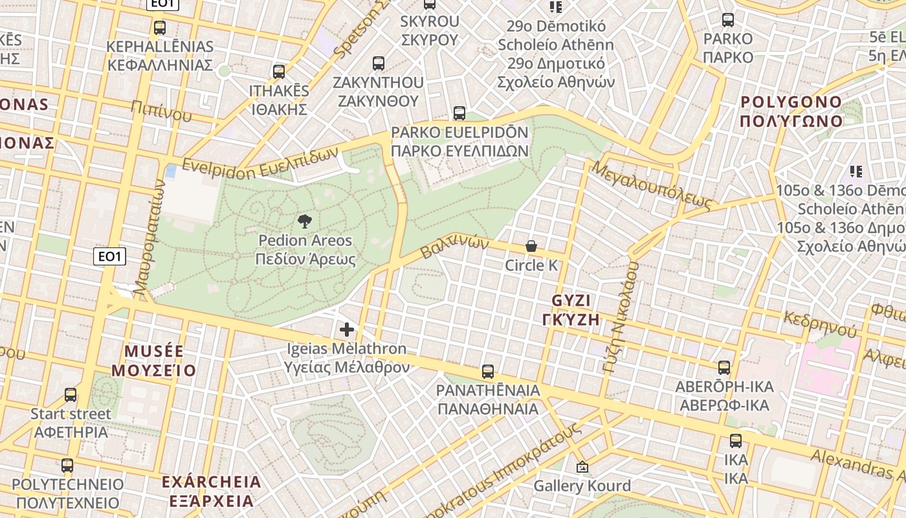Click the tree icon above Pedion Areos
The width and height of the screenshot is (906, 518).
(x=304, y=222)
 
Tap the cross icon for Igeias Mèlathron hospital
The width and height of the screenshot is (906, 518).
(x=347, y=330)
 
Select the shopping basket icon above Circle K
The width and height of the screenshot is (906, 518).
(x=531, y=246)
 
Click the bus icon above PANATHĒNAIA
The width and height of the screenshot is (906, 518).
(x=488, y=372)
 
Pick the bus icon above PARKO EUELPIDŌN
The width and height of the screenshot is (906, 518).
(x=459, y=113)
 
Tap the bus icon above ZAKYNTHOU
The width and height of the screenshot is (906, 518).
(x=379, y=63)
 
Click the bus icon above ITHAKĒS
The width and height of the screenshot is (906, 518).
(x=279, y=72)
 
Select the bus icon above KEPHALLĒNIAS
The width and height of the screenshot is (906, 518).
(x=160, y=28)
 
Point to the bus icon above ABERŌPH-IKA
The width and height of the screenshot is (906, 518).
(x=724, y=368)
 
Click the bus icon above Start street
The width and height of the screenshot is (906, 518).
(x=71, y=394)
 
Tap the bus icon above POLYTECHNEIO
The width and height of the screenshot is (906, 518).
(x=67, y=465)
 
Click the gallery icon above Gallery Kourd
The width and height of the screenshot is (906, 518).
(x=582, y=467)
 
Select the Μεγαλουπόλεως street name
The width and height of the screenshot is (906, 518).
(x=651, y=186)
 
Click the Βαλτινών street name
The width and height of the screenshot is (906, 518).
(x=454, y=246)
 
